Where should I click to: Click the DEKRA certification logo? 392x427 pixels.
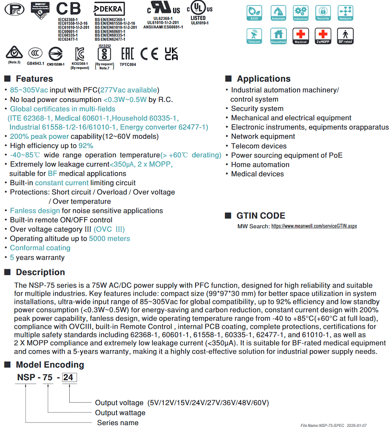pos(109,9)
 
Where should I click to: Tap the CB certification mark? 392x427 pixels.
pos(69,9)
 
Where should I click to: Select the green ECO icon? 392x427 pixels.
pos(254,13)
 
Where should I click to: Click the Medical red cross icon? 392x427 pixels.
pos(301,36)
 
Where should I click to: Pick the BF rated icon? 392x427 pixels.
pos(345,36)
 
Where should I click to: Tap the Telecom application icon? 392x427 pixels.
pos(254,36)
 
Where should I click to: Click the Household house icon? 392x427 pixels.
pos(278,36)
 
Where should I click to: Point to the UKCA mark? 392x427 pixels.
pos(171,54)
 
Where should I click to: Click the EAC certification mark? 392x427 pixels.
pos(127,54)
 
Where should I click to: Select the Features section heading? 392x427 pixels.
pos(34,79)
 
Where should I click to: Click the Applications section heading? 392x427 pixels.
pos(264,79)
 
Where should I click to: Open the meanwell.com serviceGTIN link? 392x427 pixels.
pos(314,226)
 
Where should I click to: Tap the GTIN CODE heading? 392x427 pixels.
pos(261,216)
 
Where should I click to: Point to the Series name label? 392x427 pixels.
pos(118,423)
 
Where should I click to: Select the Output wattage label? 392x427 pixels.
pos(120,413)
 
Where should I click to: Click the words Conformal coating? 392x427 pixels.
pos(40,248)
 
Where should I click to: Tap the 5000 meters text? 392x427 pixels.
pos(109,238)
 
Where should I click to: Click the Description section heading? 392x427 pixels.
pos(40,273)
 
